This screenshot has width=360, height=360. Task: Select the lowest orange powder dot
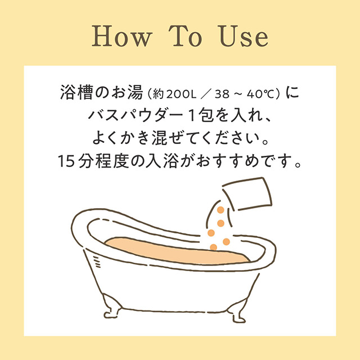coord(214,247)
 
